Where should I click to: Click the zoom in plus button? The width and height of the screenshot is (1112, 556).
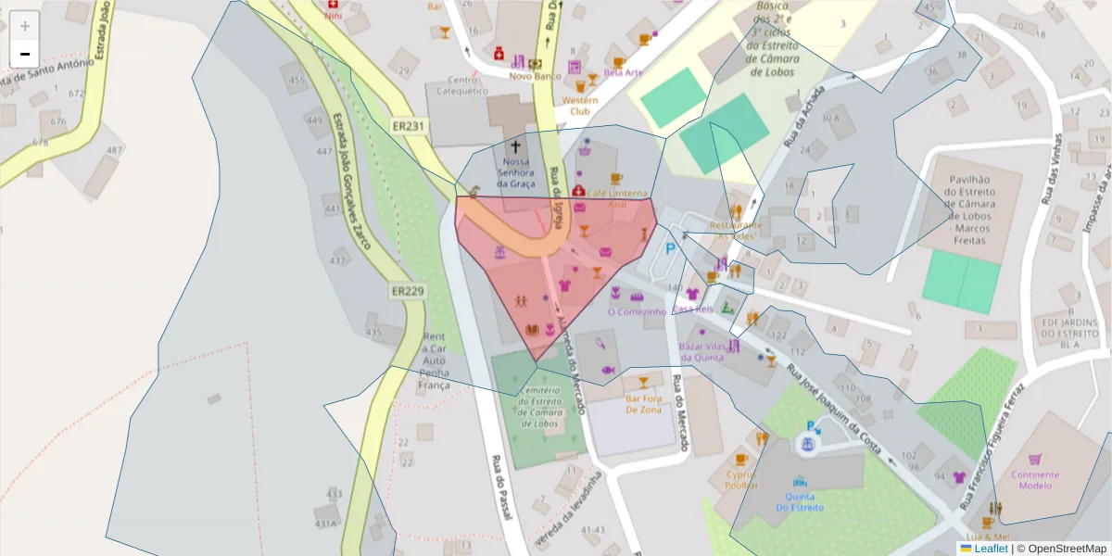click(x=25, y=26)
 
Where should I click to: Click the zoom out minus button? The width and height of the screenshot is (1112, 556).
click(x=25, y=54)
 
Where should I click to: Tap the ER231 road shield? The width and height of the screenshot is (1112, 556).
click(x=408, y=126)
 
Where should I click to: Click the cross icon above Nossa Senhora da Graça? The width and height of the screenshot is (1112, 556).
click(x=516, y=146)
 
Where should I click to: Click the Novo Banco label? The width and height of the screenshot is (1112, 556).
click(x=536, y=76)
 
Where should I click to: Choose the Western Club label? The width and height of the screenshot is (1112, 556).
click(x=580, y=105)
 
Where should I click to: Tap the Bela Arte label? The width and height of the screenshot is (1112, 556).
click(x=623, y=71)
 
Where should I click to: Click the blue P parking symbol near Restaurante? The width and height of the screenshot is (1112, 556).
click(x=670, y=251)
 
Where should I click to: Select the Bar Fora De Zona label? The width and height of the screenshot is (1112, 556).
click(x=643, y=404)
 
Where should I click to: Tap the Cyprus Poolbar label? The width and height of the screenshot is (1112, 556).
click(x=741, y=479)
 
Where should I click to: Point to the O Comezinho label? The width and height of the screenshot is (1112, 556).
click(x=637, y=312)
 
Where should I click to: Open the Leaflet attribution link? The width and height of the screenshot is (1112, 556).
click(x=990, y=549)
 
